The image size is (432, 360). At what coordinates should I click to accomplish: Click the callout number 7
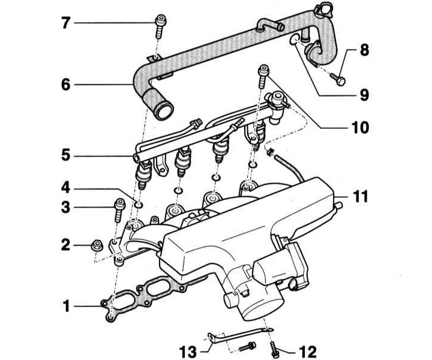coord(66,23)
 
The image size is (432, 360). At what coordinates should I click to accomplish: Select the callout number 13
coord(188,352)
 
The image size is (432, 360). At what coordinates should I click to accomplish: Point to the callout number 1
coord(67,306)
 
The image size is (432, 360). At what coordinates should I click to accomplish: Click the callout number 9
coord(364,95)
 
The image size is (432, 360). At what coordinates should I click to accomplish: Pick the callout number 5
coord(66,155)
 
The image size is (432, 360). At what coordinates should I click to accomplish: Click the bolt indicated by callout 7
coord(160,27)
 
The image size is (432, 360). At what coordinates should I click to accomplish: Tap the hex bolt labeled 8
coord(338,79)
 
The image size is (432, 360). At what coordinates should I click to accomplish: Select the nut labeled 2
coord(97,245)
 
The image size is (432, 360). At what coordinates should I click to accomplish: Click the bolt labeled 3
coord(119,210)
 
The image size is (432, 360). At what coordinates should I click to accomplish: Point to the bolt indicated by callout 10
coord(263,77)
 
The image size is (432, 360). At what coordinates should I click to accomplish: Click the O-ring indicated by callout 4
coord(139,205)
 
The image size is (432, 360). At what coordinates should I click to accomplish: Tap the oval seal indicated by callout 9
coord(294,38)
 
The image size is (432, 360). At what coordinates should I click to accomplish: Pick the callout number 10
coord(359,128)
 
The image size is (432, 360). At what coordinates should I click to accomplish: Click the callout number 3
coord(66,207)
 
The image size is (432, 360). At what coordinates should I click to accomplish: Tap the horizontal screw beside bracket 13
coord(247,346)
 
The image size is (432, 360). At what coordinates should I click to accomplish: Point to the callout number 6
coord(66,85)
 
